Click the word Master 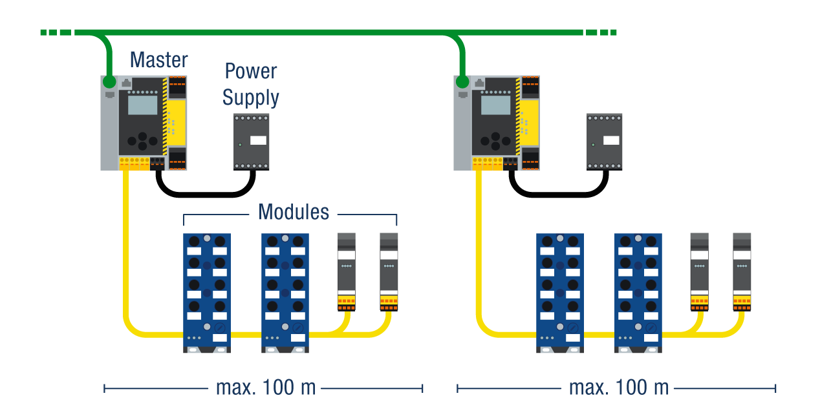coord(158,60)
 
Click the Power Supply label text coord(251,85)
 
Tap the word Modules coord(294,212)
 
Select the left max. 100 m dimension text coord(266,388)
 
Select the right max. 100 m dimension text coord(619,388)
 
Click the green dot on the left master coord(109,82)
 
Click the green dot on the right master coord(462,82)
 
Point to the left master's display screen coord(142,105)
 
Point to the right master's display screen coord(495,105)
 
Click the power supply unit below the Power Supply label coord(252,142)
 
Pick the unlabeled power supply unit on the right coord(605,142)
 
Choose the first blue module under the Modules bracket coord(207,293)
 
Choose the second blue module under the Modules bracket coord(285,293)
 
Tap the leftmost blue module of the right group coord(560,293)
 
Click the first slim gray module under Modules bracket coord(347,268)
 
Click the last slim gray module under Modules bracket coord(389,268)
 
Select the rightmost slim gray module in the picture coord(742,268)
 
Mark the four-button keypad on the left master coord(142,140)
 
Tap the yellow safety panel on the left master coord(178,123)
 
